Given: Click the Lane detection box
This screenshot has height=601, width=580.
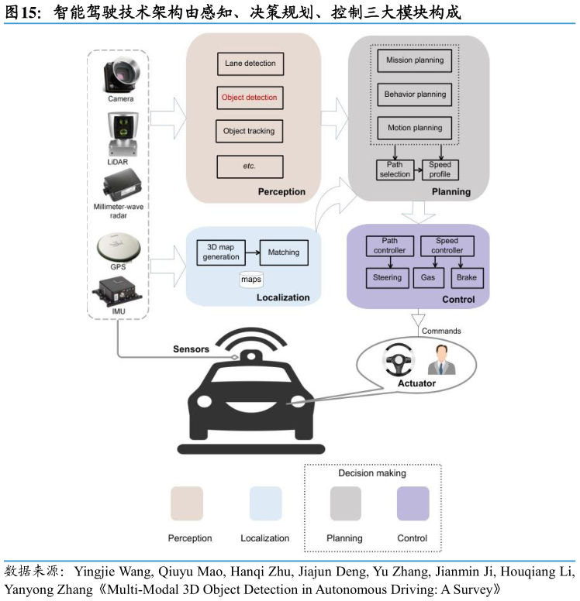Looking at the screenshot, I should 250,63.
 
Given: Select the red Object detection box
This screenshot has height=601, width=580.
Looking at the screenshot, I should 249,98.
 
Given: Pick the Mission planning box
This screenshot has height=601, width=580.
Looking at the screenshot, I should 415,60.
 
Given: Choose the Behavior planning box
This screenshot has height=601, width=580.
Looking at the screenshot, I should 415,94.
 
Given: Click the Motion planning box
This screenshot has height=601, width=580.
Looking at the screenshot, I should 415,128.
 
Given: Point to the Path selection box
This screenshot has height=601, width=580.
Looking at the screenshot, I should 395,170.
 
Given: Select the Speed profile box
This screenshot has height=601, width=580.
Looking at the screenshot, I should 440,170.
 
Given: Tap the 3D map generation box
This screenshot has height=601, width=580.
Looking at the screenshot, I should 221,252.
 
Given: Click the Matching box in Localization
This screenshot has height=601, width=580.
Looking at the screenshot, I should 283,252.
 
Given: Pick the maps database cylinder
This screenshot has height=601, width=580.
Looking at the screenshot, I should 251,280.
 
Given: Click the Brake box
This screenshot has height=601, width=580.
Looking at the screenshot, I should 467,277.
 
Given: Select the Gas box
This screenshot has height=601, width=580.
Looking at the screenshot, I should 428,277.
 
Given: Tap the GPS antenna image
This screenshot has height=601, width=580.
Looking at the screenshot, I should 118,246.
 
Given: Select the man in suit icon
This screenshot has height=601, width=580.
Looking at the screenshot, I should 442,360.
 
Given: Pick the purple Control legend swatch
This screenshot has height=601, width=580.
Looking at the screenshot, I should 413,503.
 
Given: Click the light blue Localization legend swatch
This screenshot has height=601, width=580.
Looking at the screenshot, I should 265,503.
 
